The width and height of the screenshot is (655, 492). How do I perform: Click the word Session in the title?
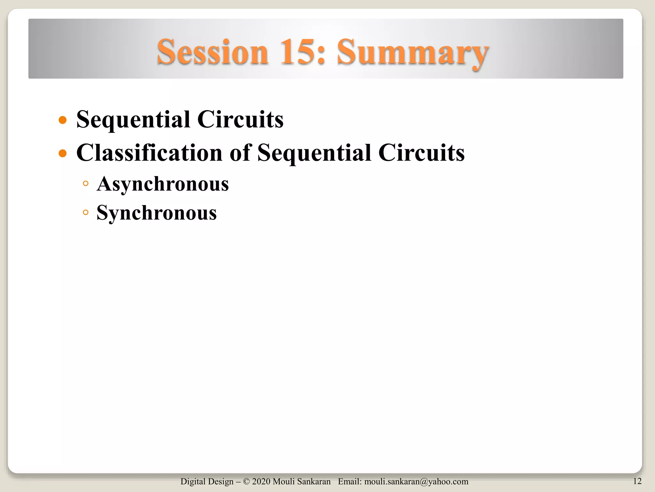212,52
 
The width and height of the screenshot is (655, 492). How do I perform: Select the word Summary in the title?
413,53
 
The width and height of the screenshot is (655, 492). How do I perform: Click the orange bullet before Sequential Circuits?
63,120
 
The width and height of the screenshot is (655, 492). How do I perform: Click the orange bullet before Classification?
63,153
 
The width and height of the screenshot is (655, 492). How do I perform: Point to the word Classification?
149,153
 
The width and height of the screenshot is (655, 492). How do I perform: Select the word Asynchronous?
163,184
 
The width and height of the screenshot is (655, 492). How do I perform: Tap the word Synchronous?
157,213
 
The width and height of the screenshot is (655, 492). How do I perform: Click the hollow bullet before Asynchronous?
85,184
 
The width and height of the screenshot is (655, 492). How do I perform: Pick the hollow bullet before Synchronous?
85,212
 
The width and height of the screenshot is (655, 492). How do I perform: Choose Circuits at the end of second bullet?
421,153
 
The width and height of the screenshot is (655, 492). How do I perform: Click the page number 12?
637,481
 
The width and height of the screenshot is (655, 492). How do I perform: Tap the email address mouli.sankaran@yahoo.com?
416,481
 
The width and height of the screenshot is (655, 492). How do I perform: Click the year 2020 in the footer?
261,481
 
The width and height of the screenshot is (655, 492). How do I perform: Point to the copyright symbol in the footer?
246,481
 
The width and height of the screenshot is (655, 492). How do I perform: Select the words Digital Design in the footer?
207,481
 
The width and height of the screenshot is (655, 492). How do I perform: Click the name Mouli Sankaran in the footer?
302,481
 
